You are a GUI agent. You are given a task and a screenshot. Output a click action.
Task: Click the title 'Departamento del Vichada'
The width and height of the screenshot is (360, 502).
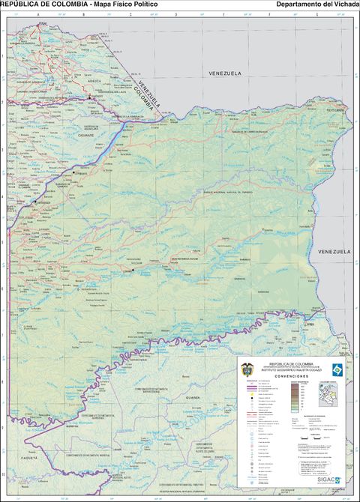pyautogui.click(x=317, y=4)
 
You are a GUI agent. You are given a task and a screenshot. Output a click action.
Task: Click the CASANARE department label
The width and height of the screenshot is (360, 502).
pyautogui.click(x=84, y=136)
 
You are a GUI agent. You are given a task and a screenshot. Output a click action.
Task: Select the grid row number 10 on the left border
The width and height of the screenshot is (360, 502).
pyautogui.click(x=3, y=474)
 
